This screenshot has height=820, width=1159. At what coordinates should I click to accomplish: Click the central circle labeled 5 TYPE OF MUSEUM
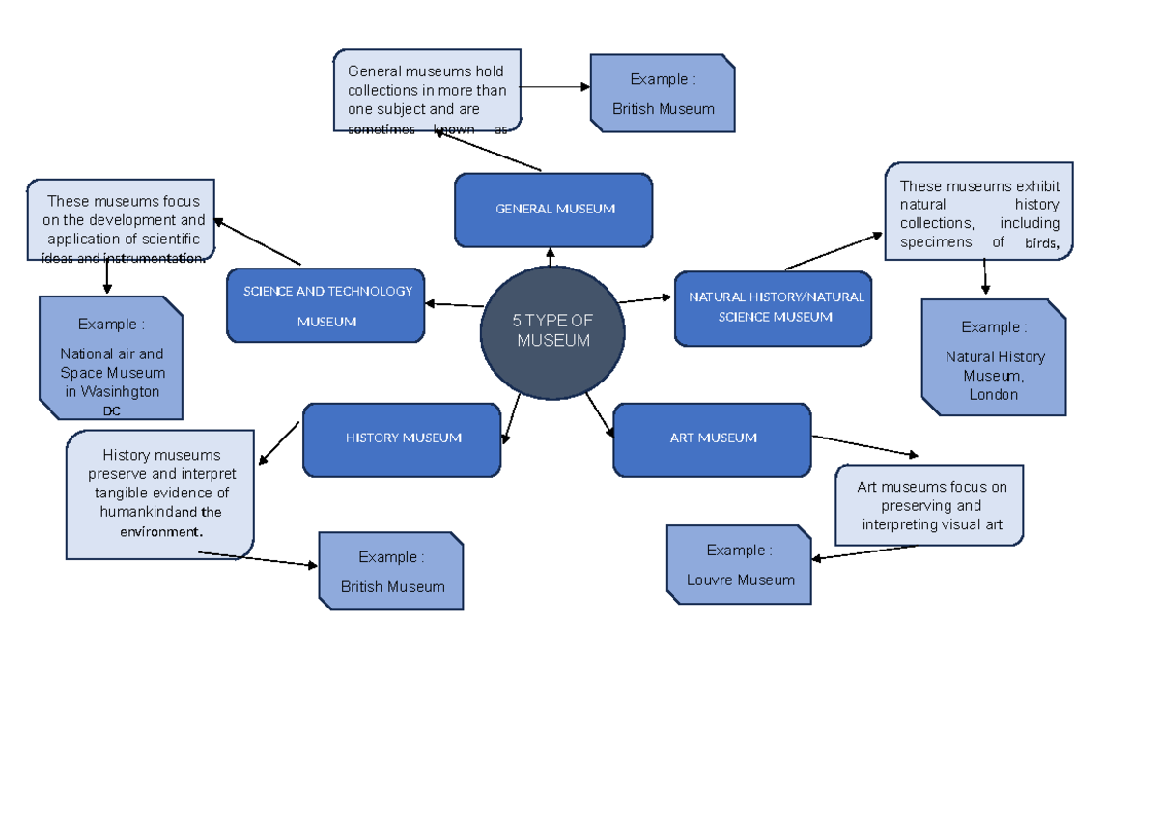pyautogui.click(x=552, y=332)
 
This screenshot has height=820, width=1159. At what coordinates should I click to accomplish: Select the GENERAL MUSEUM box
pyautogui.click(x=553, y=210)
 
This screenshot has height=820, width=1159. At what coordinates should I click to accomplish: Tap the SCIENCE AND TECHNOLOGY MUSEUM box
pyautogui.click(x=325, y=305)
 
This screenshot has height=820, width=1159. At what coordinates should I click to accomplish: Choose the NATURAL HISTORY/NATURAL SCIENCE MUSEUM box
pyautogui.click(x=773, y=307)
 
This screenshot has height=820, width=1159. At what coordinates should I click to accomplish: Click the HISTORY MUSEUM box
pyautogui.click(x=402, y=439)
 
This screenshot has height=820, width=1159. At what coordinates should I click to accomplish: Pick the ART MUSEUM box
pyautogui.click(x=712, y=439)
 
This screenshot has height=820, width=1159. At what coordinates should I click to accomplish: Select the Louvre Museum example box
pyautogui.click(x=740, y=565)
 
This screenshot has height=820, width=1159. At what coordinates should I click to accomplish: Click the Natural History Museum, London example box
pyautogui.click(x=994, y=357)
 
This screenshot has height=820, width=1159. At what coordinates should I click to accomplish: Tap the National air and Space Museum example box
pyautogui.click(x=111, y=358)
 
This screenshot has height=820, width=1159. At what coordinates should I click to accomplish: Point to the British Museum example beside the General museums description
pyautogui.click(x=663, y=93)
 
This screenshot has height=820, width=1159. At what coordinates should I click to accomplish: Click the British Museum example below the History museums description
pyautogui.click(x=391, y=571)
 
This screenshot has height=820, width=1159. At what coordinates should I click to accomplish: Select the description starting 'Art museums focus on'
pyautogui.click(x=930, y=505)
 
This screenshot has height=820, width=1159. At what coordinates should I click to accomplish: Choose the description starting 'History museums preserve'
pyautogui.click(x=160, y=494)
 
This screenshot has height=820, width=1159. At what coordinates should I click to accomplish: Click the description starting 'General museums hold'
pyautogui.click(x=427, y=91)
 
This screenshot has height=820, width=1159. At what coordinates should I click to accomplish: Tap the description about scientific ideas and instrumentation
pyautogui.click(x=122, y=220)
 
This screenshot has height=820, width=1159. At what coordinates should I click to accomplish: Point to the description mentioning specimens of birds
pyautogui.click(x=978, y=212)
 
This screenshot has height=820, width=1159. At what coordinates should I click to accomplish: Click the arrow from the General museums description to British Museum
pyautogui.click(x=555, y=87)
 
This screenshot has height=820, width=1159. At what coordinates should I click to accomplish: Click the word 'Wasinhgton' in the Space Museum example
pyautogui.click(x=112, y=392)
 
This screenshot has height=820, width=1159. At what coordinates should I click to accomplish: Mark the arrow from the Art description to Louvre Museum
pyautogui.click(x=863, y=552)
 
